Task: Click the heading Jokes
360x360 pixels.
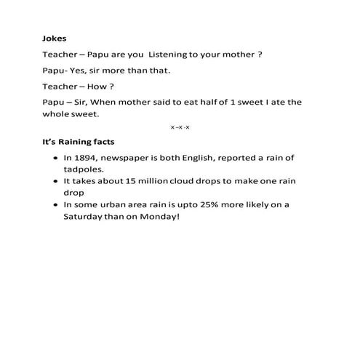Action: coord(55,39)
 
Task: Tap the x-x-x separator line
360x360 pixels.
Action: coord(180,127)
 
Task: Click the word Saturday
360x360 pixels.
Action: coord(86,217)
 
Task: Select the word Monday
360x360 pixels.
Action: coord(158,217)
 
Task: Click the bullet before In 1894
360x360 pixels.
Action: coord(56,158)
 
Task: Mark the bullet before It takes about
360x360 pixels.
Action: coord(56,182)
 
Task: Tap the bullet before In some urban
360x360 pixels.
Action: coord(56,205)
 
